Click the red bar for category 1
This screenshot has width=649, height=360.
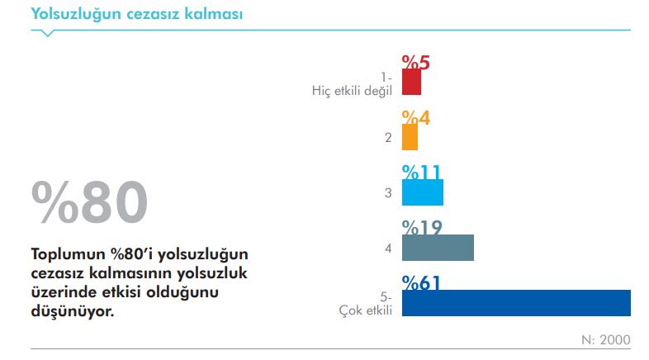411,82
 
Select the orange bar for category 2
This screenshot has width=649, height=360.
410,137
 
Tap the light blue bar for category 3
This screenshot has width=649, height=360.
422,192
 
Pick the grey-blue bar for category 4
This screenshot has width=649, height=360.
438,248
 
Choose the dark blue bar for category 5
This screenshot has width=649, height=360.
516,303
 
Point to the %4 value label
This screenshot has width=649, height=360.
416,117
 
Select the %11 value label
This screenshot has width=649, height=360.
422,172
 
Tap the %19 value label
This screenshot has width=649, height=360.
423,227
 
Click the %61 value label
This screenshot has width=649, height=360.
421,282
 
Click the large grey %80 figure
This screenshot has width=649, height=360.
90,201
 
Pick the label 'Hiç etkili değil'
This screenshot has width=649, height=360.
352,91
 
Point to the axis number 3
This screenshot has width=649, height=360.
387,193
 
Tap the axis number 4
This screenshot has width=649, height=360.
387,248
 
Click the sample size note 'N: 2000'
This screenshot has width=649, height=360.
607,339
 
